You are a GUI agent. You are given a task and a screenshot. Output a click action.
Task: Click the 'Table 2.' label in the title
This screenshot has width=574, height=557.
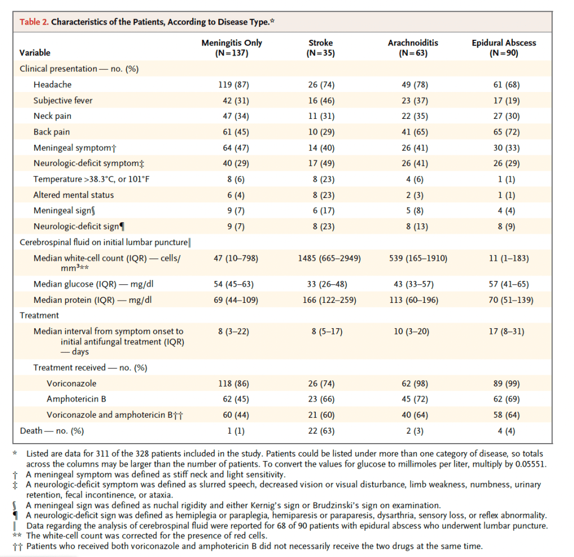tap(34, 22)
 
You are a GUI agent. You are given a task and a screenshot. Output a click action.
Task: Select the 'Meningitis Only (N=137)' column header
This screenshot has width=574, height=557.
tap(232, 48)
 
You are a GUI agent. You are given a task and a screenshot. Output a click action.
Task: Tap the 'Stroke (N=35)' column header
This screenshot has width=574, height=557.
tap(320, 48)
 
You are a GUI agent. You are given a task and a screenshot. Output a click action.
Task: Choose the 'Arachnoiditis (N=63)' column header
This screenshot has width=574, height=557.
tap(413, 48)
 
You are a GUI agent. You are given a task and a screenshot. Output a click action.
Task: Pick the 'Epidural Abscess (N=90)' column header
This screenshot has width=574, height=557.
tap(504, 48)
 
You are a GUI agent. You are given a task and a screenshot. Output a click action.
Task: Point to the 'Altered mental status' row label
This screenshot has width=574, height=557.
tap(74, 195)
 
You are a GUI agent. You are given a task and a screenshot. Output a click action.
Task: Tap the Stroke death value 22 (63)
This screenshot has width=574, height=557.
tap(320, 431)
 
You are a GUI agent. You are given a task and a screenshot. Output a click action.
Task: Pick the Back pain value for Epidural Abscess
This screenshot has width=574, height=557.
tap(504, 132)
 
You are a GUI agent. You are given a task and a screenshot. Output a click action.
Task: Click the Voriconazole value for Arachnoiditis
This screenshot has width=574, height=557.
tap(413, 384)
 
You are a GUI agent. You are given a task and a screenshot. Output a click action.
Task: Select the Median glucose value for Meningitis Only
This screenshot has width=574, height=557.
tap(233, 284)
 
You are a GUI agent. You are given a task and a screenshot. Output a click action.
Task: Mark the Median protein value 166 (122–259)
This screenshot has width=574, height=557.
tap(320, 300)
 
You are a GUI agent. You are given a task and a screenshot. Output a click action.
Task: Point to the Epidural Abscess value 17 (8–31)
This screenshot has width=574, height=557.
tap(504, 332)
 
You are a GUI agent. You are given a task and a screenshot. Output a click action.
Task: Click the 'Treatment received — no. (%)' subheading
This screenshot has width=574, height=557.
tap(90, 368)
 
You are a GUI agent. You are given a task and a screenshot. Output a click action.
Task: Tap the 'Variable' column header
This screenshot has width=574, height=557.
tap(35, 53)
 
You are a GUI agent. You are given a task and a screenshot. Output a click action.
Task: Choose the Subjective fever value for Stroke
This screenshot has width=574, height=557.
tap(320, 100)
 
